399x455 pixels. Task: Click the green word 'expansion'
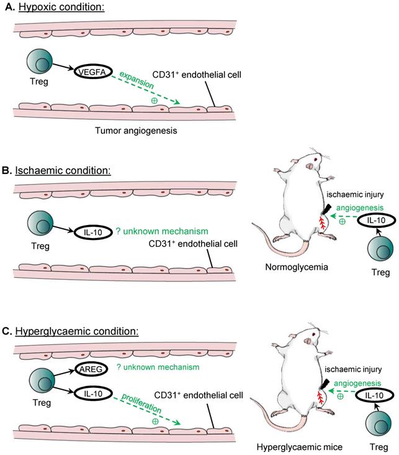[151, 81]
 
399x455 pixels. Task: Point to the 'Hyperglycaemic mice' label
[298, 446]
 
